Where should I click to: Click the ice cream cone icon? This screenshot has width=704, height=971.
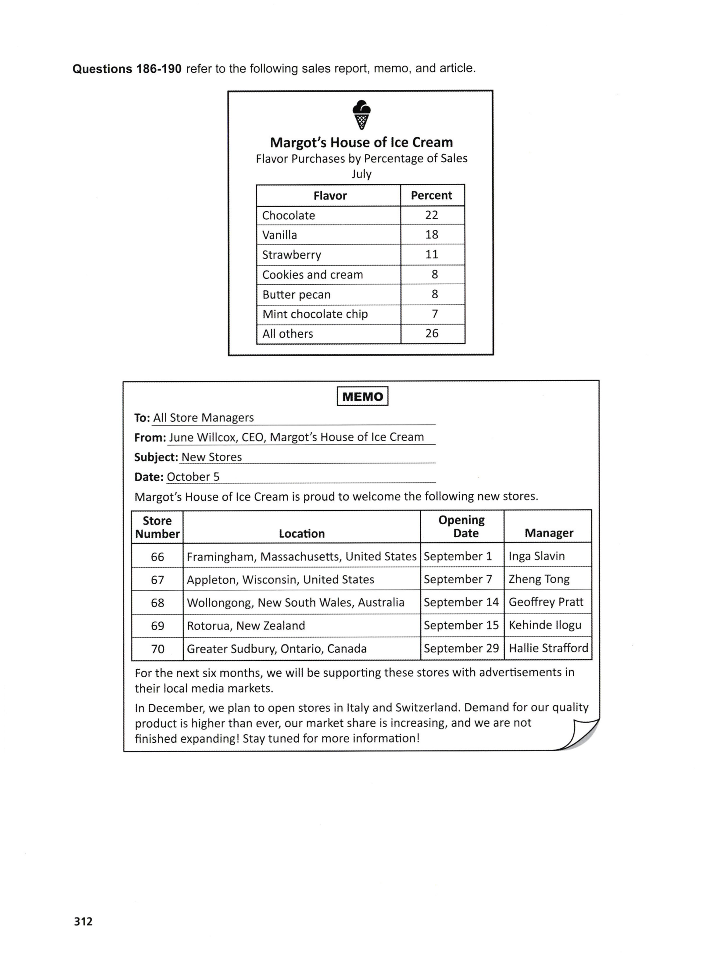pos(361,115)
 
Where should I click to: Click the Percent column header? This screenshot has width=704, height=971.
pos(431,196)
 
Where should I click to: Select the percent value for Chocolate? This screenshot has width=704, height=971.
pos(432,215)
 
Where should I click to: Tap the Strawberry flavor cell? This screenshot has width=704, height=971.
pos(291,255)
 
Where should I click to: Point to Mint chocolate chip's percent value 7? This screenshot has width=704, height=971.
pos(434,314)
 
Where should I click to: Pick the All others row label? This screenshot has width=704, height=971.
pos(287,334)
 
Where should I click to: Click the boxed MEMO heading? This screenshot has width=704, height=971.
pos(362,396)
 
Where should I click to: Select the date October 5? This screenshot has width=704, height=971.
pos(193,477)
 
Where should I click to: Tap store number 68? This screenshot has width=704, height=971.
pos(157,603)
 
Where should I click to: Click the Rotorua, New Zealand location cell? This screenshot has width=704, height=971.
pos(246,625)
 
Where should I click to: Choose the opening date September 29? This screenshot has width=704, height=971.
pos(461,648)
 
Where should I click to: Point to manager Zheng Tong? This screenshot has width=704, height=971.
pos(539,579)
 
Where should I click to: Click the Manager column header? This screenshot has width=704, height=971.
pos(548,533)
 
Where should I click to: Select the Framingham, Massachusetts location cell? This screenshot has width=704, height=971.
pos(301,557)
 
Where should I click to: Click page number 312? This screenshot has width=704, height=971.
pos(83,921)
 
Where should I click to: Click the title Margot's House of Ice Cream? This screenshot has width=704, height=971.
pos(361,143)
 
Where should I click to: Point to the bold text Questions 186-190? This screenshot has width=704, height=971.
pos(127,69)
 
